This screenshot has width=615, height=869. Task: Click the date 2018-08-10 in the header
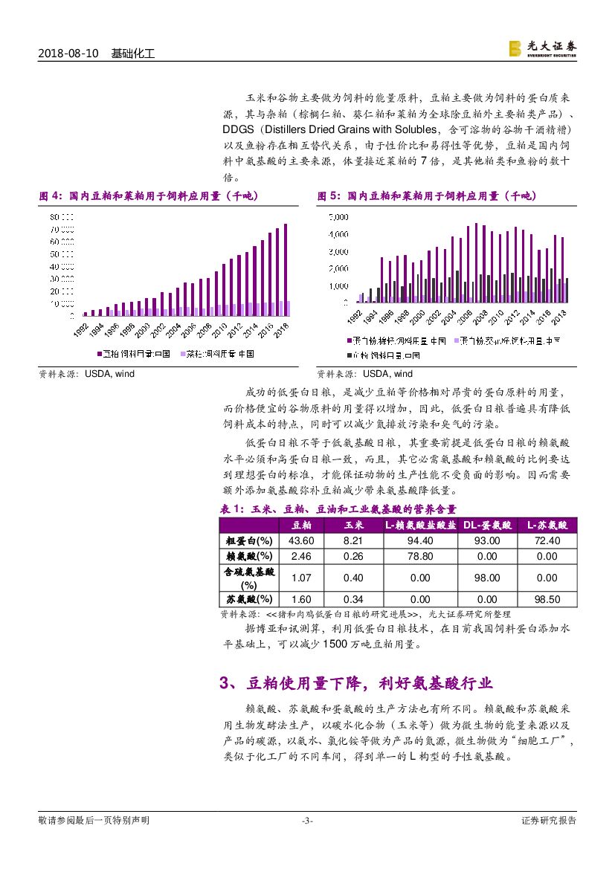pos(68,54)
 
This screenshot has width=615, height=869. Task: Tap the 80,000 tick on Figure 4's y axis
pos(62,217)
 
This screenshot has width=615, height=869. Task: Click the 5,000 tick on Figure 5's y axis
pos(338,217)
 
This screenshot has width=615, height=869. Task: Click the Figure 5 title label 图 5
pos(328,196)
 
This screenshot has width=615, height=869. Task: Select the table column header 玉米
pos(353,525)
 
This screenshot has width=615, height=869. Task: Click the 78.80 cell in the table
pos(420,556)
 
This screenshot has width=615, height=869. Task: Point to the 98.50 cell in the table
pos(547,599)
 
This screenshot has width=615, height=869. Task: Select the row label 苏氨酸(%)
pos(249,599)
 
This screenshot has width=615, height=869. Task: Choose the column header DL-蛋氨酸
pos(487,525)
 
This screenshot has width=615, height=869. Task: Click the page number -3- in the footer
pos(307,821)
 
